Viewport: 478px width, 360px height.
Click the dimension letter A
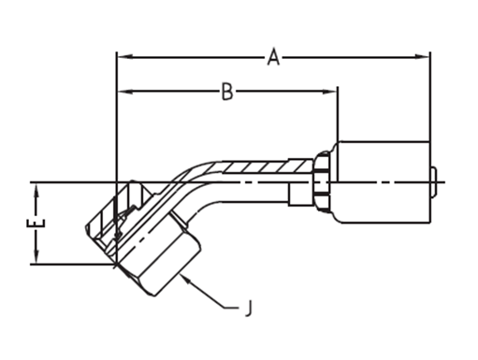[273, 57]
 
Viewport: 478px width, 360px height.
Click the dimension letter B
[227, 92]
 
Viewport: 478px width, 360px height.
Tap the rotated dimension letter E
[36, 223]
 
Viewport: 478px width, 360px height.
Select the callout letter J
[248, 308]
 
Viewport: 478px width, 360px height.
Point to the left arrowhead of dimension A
[125, 57]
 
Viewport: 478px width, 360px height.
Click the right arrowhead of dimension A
[421, 57]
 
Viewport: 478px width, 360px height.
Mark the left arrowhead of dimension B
[125, 92]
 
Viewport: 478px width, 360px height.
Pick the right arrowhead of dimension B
[329, 92]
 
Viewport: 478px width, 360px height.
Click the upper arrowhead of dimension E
[36, 192]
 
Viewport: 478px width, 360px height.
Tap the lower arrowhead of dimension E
[36, 255]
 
